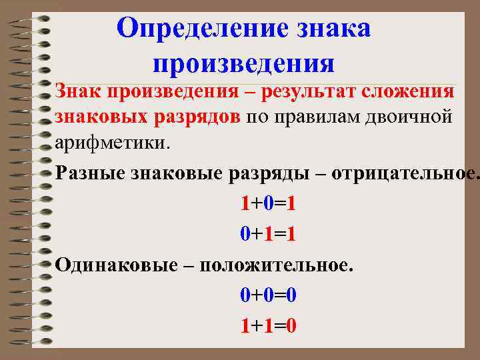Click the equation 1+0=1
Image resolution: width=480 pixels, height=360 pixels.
(269, 203)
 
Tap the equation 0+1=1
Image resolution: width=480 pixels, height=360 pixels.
(269, 233)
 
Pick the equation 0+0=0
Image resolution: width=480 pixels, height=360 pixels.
(269, 294)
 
